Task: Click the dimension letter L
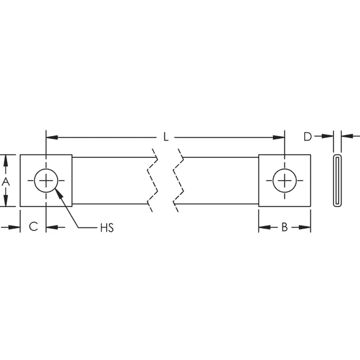click(x=166, y=137)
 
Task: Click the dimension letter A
click(x=5, y=181)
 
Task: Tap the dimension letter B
click(x=285, y=227)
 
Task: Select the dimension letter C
click(x=34, y=227)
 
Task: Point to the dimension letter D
click(x=307, y=137)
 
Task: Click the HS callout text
click(x=107, y=227)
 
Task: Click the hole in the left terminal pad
click(x=46, y=181)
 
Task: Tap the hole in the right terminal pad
click(x=284, y=181)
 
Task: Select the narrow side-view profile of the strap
click(x=338, y=181)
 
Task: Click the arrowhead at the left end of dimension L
click(x=50, y=137)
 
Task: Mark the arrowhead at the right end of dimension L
click(x=280, y=137)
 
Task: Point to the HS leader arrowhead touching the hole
click(x=57, y=192)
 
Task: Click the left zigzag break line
click(x=152, y=181)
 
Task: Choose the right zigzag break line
click(x=178, y=181)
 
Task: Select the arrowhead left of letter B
click(x=263, y=227)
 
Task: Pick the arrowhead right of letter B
click(x=306, y=227)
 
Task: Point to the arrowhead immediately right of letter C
click(x=50, y=227)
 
